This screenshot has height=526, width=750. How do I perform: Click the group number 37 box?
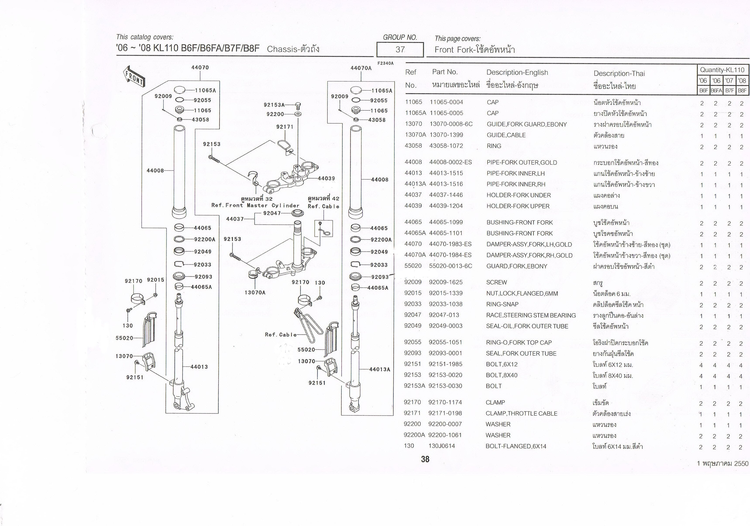coord(400,50)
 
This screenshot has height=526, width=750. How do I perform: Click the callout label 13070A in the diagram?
coord(255,292)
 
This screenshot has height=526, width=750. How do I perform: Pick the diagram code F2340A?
coord(385,63)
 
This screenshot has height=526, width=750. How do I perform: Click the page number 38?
coord(425,459)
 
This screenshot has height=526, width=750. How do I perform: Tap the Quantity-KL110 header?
coord(722,70)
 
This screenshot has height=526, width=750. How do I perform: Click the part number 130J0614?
coord(442,446)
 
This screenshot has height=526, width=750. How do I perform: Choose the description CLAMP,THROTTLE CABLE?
coord(521,413)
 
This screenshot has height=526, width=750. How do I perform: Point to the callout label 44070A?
coord(361,68)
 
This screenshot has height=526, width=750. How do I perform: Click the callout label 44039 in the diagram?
coord(326,178)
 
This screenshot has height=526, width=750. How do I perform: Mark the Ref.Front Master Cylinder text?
coord(255,205)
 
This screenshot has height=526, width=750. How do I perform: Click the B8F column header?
coord(742,90)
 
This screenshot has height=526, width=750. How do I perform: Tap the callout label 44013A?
coord(380,369)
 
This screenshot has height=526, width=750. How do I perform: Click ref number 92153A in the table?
coord(415,386)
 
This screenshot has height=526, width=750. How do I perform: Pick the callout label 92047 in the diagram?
coord(272,213)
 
